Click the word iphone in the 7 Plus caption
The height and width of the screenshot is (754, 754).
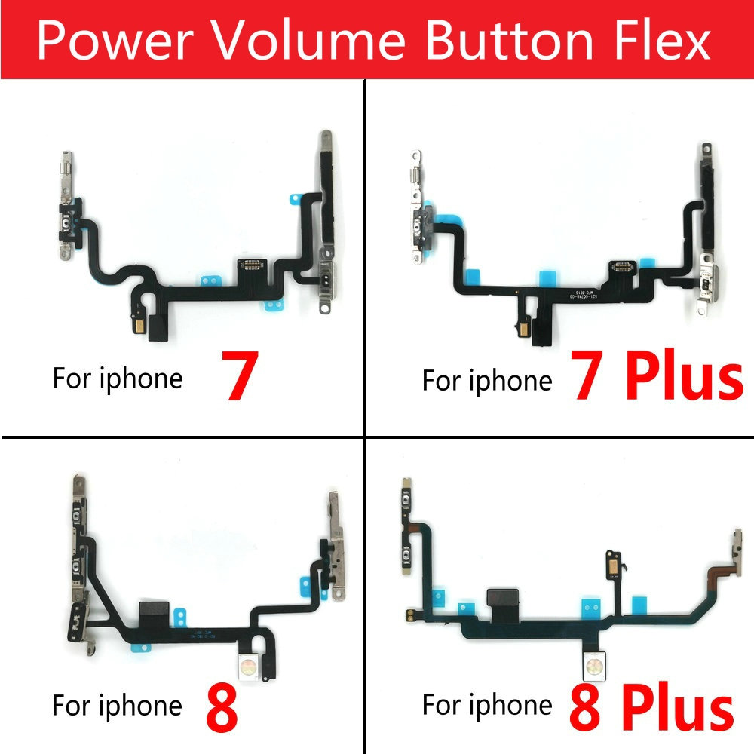(510, 381)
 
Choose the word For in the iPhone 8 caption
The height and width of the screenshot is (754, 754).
(72, 706)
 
